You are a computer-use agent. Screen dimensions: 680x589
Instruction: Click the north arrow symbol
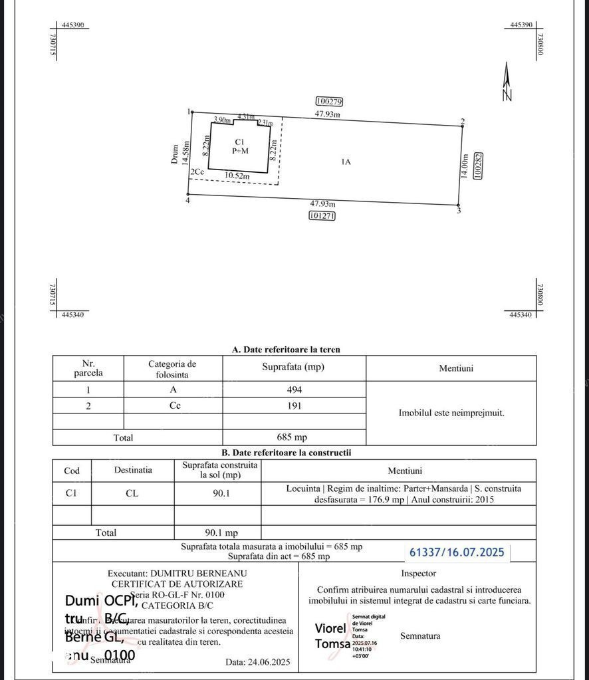tap(507, 82)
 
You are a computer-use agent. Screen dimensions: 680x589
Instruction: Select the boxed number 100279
tap(329, 102)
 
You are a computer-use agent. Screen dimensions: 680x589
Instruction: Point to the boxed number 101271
tap(322, 215)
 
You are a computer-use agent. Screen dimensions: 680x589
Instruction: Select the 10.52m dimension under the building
tap(237, 176)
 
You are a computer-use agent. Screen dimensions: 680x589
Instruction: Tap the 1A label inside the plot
tap(345, 162)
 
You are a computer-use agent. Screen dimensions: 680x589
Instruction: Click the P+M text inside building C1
tap(239, 151)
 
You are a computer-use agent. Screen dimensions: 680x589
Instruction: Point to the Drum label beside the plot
tap(176, 154)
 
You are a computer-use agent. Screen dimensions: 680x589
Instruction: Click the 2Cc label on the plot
tap(197, 172)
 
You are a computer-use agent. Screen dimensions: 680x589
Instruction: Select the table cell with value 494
tap(294, 390)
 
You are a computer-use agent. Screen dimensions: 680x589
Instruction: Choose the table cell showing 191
tap(294, 405)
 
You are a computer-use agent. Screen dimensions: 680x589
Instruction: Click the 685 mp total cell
tap(294, 437)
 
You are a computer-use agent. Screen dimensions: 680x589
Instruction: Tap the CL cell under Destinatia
tap(132, 493)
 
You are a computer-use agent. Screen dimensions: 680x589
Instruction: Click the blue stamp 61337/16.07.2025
tap(457, 552)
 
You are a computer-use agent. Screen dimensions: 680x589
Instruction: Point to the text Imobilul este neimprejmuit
tap(451, 413)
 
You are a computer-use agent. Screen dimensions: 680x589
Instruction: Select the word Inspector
tap(419, 573)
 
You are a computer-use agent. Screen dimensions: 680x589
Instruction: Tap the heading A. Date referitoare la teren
tap(286, 350)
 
